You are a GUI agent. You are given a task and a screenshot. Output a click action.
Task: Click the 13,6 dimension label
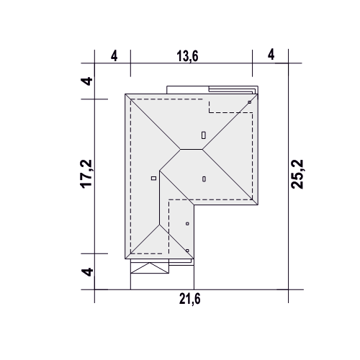pos(187,56)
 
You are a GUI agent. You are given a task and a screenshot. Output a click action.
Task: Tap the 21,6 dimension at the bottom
pos(189,299)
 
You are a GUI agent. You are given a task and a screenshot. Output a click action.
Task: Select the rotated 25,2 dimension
pos(297,174)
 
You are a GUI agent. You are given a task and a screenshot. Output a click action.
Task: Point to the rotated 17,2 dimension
pos(86,174)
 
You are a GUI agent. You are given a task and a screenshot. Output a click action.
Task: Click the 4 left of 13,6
pos(114,56)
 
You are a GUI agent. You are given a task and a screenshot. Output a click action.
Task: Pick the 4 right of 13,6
pos(271,55)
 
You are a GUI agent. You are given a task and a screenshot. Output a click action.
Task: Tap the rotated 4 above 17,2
pos(86,81)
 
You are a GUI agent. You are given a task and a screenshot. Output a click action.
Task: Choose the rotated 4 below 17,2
pos(87,272)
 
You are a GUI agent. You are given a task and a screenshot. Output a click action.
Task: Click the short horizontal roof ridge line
pos(192,149)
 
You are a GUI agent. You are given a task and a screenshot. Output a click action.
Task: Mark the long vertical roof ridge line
pos(160,198)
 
